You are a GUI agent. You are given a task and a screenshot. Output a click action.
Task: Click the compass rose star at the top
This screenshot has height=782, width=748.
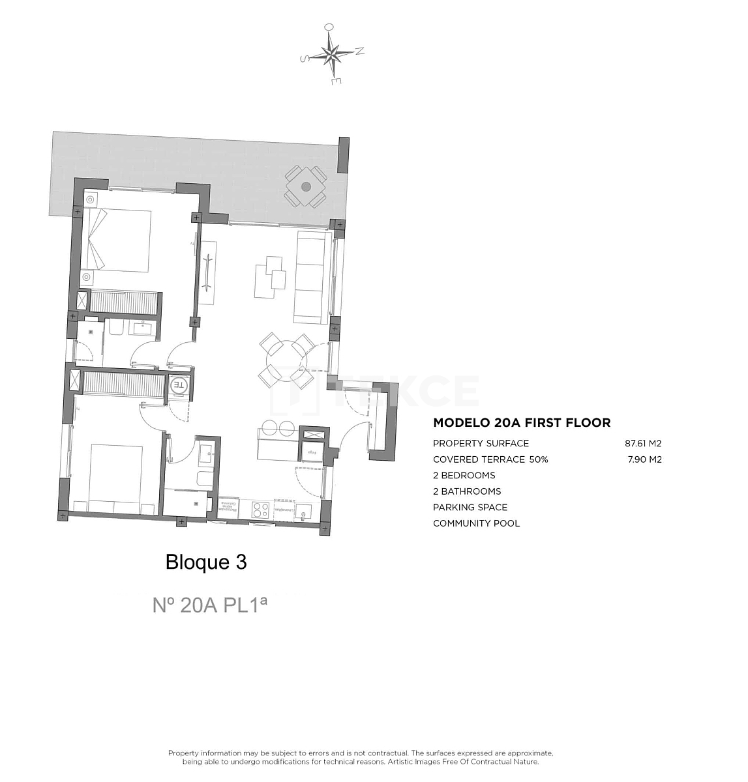tap(333, 55)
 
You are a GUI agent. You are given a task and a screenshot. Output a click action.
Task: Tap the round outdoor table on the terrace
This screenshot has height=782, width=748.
tap(306, 186)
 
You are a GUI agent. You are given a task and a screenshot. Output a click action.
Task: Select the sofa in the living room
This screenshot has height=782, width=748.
tap(311, 277)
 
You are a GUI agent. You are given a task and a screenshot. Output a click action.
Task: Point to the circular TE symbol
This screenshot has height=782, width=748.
tap(179, 386)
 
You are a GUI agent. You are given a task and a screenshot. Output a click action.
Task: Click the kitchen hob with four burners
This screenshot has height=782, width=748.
tap(261, 509)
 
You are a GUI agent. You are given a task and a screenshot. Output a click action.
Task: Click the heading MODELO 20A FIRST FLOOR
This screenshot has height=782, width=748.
tap(522, 423)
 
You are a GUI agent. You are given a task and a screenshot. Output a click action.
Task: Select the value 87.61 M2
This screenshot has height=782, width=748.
tap(643, 444)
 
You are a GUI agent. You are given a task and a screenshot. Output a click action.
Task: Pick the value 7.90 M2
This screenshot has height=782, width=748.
tap(644, 459)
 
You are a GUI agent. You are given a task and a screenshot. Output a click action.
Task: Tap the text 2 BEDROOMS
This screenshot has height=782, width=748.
tap(464, 476)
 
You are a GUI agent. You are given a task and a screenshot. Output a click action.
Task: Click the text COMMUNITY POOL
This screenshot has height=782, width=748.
tap(476, 523)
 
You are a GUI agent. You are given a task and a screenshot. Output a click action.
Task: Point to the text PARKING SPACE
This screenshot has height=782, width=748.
tap(470, 508)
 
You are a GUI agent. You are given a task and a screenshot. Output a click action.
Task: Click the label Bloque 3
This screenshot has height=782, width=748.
tap(206, 562)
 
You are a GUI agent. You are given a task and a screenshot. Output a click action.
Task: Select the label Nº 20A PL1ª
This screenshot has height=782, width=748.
tap(209, 605)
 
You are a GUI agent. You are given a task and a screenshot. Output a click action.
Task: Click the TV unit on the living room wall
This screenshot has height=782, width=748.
tap(207, 272)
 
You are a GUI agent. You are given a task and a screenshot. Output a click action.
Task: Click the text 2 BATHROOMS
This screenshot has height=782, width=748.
tap(467, 491)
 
